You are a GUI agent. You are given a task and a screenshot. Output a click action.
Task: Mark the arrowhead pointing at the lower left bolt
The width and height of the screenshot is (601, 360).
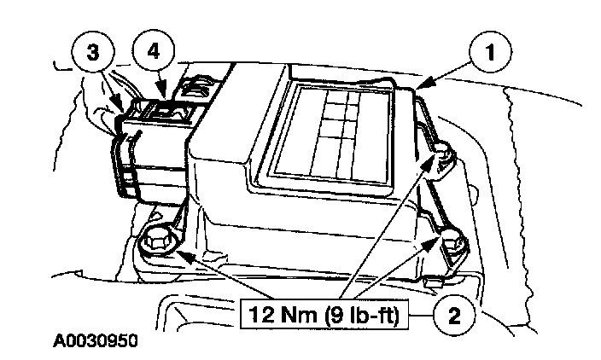[x=177, y=252]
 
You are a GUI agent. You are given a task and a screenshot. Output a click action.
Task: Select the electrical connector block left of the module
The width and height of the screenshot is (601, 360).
[x=149, y=149]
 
